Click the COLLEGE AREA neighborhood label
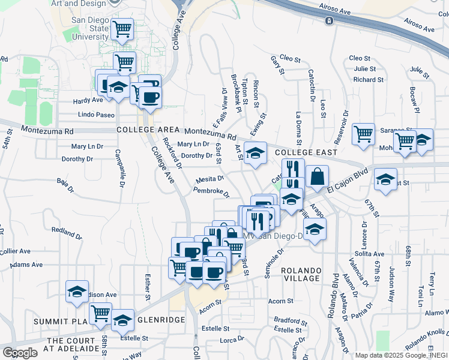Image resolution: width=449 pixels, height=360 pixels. [148, 130]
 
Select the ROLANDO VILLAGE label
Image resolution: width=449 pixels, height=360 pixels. [301, 274]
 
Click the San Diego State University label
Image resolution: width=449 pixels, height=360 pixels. [90, 28]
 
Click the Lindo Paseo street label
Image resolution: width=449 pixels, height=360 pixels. [96, 115]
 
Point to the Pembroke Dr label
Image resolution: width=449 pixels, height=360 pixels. [211, 193]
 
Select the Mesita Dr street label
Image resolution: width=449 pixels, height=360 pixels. [209, 179]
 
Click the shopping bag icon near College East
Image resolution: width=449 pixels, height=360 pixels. [317, 177]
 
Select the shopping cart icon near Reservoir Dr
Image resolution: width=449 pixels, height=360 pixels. [363, 134]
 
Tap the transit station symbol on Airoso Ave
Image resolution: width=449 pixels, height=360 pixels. [330, 22]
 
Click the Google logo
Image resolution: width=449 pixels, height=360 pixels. [20, 353]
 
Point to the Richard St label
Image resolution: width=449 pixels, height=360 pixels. [364, 79]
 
